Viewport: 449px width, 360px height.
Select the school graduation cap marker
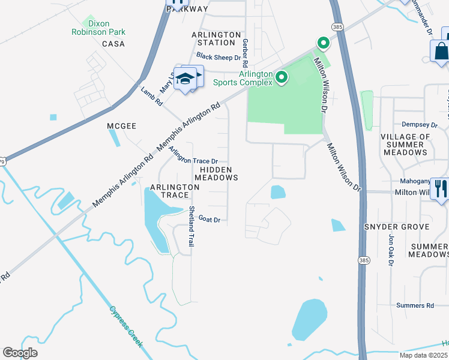point(187,79)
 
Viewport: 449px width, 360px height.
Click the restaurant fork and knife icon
point(441,189)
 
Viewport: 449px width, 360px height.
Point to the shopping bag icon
point(441,51)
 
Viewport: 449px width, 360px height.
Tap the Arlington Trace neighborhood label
point(175,191)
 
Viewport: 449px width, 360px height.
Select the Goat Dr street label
point(209,220)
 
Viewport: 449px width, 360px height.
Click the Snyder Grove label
point(397,227)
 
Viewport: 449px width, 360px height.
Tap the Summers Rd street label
point(415,305)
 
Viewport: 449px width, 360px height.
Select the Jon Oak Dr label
point(391,249)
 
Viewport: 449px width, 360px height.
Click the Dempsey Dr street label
point(420,125)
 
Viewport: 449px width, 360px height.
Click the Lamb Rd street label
point(152,96)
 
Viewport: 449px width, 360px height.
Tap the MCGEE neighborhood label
point(122,126)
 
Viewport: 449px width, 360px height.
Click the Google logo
point(20,353)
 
